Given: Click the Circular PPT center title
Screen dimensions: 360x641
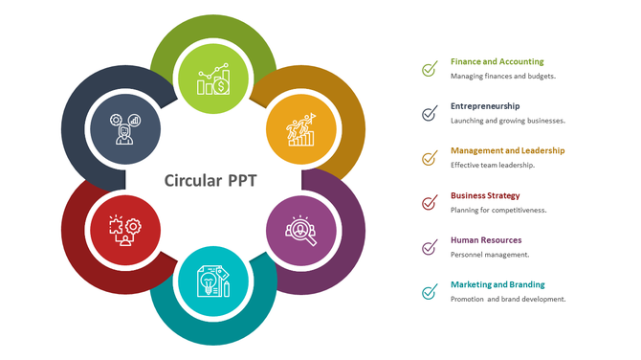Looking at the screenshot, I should pyautogui.click(x=210, y=179).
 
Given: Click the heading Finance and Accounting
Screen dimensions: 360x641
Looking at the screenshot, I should pyautogui.click(x=497, y=61).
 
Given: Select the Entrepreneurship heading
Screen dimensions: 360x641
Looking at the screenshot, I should pyautogui.click(x=485, y=106).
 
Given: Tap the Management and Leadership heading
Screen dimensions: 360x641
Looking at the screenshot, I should pyautogui.click(x=507, y=150).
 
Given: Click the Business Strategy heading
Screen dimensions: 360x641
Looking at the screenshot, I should pyautogui.click(x=485, y=195).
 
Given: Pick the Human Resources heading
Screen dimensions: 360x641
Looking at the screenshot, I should pyautogui.click(x=486, y=240).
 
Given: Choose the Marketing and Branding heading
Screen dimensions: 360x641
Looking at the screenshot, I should pyautogui.click(x=497, y=284).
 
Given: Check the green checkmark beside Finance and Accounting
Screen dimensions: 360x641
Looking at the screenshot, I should pyautogui.click(x=430, y=69).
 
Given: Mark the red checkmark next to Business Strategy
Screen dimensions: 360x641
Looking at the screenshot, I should pyautogui.click(x=430, y=203).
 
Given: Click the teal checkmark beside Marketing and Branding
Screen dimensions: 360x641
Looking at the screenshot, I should pyautogui.click(x=430, y=292).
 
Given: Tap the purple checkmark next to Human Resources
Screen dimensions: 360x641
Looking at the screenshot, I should pyautogui.click(x=430, y=248).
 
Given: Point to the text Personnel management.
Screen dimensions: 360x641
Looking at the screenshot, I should pyautogui.click(x=490, y=255).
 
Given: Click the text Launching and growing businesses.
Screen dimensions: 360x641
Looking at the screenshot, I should pyautogui.click(x=508, y=121).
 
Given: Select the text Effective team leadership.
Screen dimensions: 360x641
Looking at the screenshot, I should pyautogui.click(x=492, y=165).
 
